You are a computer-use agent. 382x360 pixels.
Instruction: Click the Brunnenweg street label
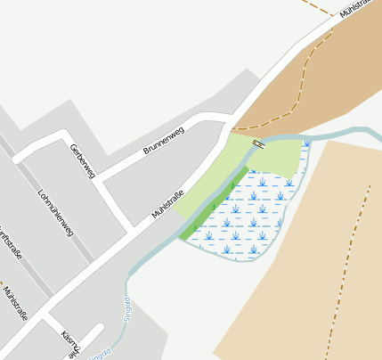click(x=163, y=141)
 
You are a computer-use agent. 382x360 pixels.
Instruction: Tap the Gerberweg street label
click(x=81, y=161)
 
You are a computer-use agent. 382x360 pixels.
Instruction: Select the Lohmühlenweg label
click(x=56, y=212)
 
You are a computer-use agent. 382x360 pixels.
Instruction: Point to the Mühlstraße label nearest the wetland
click(x=168, y=204)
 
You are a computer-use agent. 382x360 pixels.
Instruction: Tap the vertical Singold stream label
click(x=126, y=308)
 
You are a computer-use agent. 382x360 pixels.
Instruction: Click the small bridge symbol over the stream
click(x=258, y=143)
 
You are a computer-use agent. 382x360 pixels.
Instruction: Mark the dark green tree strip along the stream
click(x=214, y=204)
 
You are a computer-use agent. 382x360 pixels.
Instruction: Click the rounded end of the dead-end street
click(x=98, y=331)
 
